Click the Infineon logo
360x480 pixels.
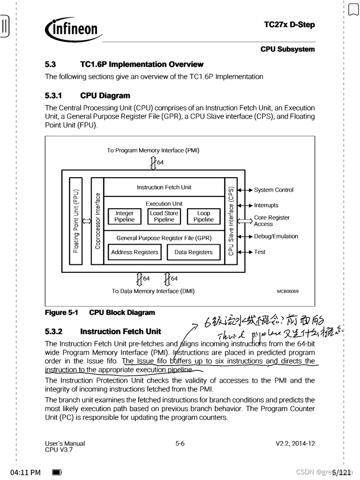click(74, 30)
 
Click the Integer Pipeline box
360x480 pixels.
click(124, 216)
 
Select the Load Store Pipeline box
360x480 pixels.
click(164, 216)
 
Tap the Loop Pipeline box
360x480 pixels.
click(203, 216)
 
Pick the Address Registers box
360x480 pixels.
click(135, 252)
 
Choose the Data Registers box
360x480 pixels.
click(194, 252)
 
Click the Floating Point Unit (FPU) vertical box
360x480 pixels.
click(76, 221)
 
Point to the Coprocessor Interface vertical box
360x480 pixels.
click(97, 221)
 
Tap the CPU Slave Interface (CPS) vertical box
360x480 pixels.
click(231, 221)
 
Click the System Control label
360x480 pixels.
click(274, 190)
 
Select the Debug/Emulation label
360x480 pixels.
click(276, 236)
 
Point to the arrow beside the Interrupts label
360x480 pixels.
click(245, 205)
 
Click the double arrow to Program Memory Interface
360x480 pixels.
click(153, 163)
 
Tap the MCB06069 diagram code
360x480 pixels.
click(287, 291)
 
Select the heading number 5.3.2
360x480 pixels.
click(53, 332)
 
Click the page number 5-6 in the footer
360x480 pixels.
click(180, 443)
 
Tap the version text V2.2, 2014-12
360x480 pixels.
click(295, 443)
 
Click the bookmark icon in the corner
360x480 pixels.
click(353, 9)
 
